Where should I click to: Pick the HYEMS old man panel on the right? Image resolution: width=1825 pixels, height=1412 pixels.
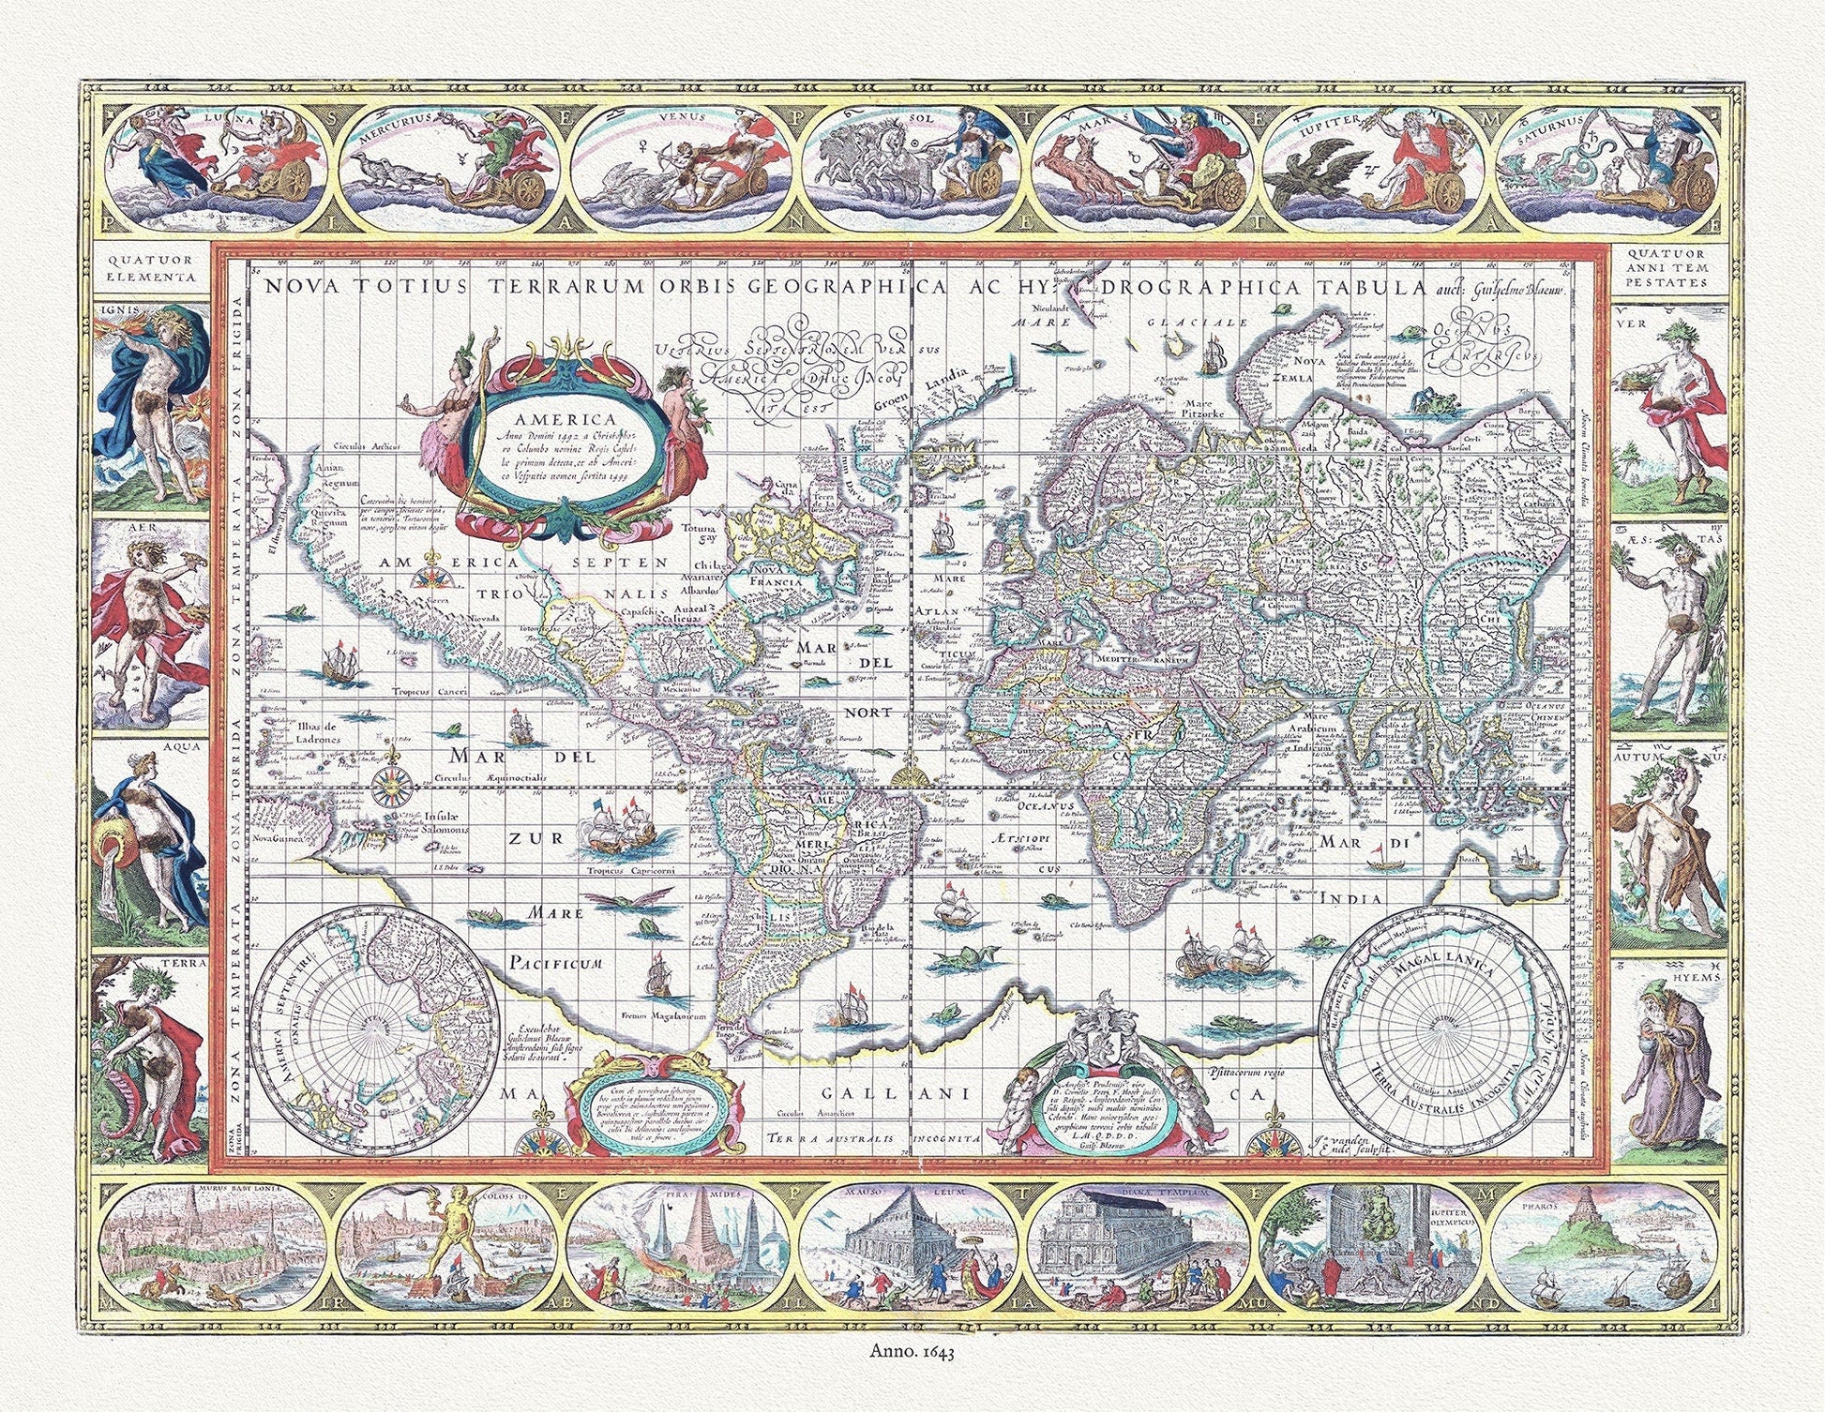[x=1668, y=1059]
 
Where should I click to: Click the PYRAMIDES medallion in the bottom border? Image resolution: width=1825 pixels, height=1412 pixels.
[x=680, y=1247]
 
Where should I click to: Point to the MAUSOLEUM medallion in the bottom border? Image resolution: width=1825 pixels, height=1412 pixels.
[x=912, y=1247]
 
